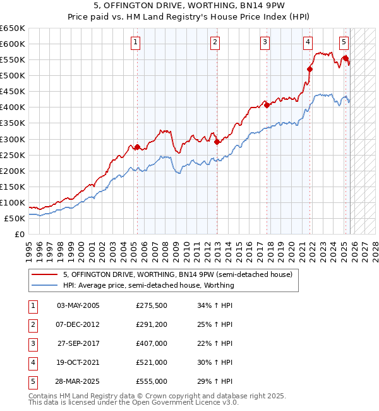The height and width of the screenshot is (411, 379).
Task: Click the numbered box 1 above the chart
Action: [x=136, y=42]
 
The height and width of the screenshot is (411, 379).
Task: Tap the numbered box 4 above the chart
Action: [x=308, y=42]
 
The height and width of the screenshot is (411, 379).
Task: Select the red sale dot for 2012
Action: [x=217, y=142]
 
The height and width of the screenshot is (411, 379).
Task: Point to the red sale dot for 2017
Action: [x=267, y=105]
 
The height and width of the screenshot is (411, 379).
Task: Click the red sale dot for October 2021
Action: [x=310, y=69]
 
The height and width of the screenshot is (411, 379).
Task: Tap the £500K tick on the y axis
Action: [x=14, y=75]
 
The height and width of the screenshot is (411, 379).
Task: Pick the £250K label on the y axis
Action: [x=14, y=155]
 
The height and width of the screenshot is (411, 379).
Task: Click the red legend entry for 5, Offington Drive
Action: [x=177, y=275]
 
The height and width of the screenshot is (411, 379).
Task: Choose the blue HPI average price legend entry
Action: [x=148, y=285]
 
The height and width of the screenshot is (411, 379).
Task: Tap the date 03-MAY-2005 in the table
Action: [x=78, y=305]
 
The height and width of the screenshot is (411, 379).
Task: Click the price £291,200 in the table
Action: [x=152, y=324]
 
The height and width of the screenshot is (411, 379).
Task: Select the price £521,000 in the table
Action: [x=152, y=362]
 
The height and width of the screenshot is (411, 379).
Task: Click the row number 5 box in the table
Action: [x=32, y=381]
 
